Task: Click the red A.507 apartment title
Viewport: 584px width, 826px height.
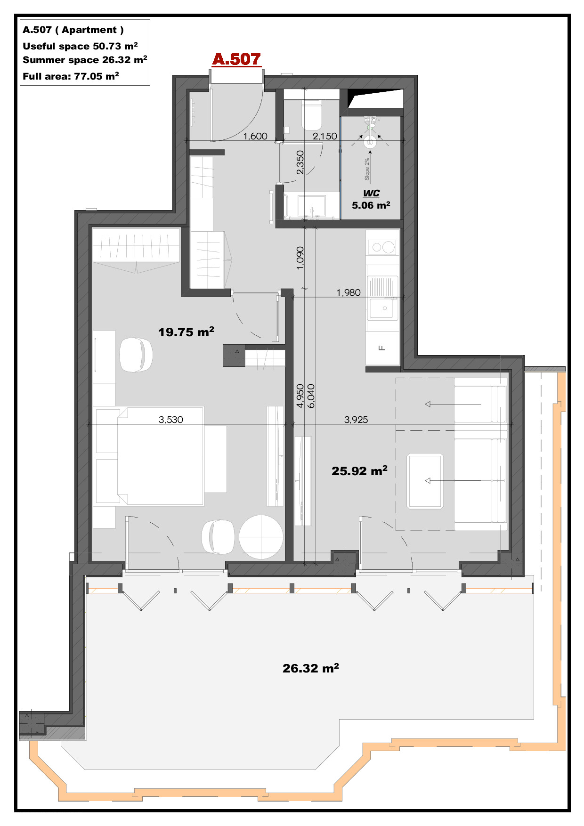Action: pos(236,59)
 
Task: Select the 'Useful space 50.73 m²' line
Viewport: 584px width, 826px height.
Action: pos(80,46)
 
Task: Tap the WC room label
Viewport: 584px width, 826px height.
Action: pos(371,193)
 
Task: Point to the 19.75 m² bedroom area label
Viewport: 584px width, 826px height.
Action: pos(186,332)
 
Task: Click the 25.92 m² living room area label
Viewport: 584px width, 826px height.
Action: pos(359,470)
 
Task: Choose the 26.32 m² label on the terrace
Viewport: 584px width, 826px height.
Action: pos(311,668)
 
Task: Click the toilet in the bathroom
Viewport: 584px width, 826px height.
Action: pos(311,115)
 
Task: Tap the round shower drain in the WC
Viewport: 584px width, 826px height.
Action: pos(370,142)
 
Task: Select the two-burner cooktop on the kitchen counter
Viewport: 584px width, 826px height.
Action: pos(382,247)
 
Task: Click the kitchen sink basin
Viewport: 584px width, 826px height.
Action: pos(382,308)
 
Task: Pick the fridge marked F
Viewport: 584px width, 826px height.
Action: pos(382,348)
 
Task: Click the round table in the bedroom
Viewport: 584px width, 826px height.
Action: pos(261,537)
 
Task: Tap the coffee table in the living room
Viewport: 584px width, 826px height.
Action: pos(425,481)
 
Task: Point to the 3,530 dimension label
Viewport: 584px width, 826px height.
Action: pos(171,420)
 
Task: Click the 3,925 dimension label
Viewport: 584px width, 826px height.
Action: pos(356,420)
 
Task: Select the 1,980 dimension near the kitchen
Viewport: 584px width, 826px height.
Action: pos(349,292)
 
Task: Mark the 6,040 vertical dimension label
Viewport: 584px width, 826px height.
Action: pos(311,396)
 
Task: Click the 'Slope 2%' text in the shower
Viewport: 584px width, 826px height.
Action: pos(367,169)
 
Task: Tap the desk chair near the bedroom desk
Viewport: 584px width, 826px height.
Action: pos(136,355)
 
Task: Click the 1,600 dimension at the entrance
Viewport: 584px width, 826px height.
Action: pos(255,136)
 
